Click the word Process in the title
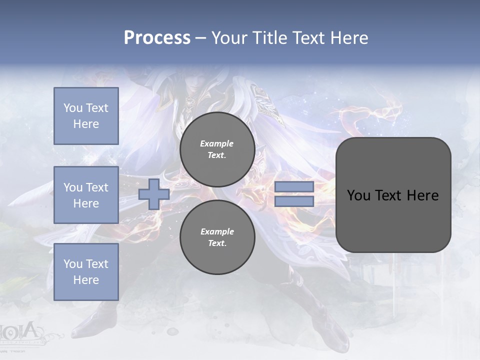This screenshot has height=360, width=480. (157, 38)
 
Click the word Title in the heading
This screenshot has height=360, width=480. (269, 38)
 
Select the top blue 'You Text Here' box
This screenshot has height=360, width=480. (86, 116)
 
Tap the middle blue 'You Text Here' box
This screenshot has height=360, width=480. (86, 195)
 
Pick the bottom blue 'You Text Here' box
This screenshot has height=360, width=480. (86, 272)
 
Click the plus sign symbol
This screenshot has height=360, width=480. (154, 194)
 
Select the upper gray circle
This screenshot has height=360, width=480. (217, 149)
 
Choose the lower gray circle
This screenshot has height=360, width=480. (217, 237)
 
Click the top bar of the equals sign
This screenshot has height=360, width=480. (294, 187)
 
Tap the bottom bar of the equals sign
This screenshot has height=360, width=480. (294, 201)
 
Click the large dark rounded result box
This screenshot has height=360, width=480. (393, 195)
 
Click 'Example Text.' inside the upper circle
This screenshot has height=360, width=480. (217, 149)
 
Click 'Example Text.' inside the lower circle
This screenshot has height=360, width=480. (217, 237)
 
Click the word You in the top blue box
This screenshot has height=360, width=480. (72, 108)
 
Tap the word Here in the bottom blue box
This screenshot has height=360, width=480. (86, 280)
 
